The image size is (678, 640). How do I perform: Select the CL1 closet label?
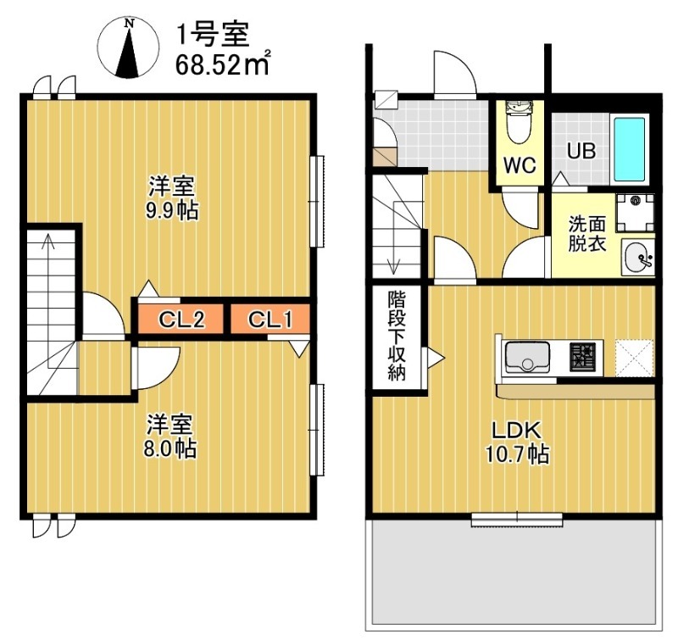tap(271, 320)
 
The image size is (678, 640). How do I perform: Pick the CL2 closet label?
tap(181, 320)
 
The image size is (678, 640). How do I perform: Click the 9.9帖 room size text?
tap(173, 211)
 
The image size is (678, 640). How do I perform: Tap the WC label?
tap(520, 165)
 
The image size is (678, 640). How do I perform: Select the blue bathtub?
tap(629, 149)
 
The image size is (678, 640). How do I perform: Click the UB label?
tap(581, 152)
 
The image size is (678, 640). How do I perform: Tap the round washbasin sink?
tap(636, 257)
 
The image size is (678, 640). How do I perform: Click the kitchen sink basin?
tap(528, 358)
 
